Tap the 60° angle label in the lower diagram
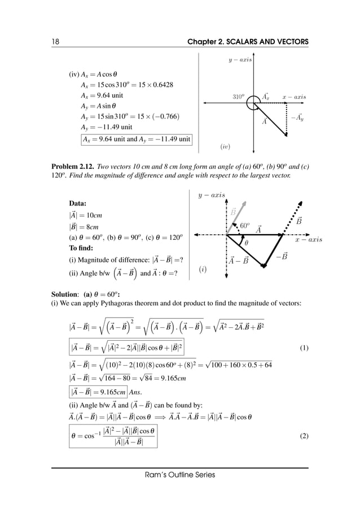point(245,225)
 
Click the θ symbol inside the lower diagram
point(245,243)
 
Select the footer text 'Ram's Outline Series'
point(179,475)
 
